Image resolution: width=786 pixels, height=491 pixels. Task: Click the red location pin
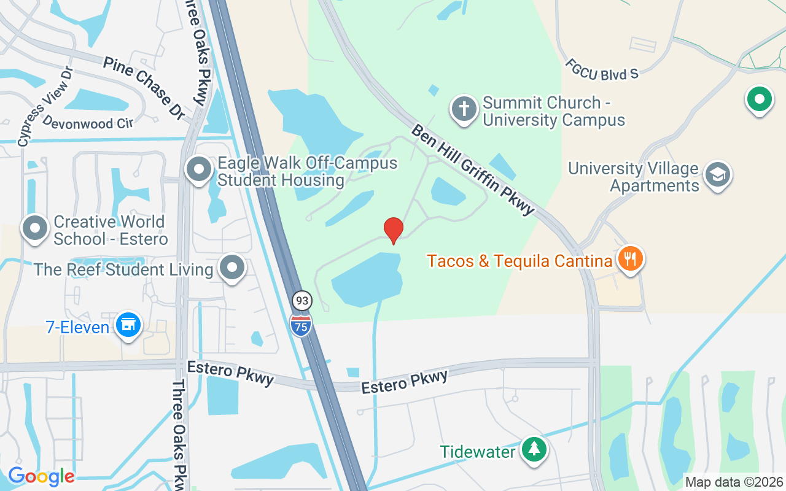click(393, 230)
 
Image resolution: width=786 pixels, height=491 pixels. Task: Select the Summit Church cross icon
click(464, 109)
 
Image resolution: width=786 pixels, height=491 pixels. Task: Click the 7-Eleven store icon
click(128, 325)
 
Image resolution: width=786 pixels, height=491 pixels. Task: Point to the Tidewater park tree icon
click(534, 450)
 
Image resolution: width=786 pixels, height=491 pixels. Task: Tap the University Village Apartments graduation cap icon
click(717, 175)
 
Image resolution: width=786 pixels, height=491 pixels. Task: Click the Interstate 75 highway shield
click(300, 325)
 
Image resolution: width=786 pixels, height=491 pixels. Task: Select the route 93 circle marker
click(302, 301)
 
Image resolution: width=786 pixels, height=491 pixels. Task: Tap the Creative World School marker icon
click(35, 228)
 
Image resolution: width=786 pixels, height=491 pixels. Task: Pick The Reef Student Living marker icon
click(232, 268)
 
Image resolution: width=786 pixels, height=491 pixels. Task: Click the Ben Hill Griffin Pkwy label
click(473, 170)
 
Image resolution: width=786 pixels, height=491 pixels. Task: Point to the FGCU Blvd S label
click(602, 69)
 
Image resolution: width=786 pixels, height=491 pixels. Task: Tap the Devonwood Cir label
click(88, 123)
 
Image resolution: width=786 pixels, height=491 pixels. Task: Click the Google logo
click(41, 476)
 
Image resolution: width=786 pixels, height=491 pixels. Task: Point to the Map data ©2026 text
click(734, 482)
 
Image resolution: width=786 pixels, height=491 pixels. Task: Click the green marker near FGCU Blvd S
click(759, 99)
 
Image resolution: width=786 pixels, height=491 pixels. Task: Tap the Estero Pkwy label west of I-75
click(230, 373)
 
